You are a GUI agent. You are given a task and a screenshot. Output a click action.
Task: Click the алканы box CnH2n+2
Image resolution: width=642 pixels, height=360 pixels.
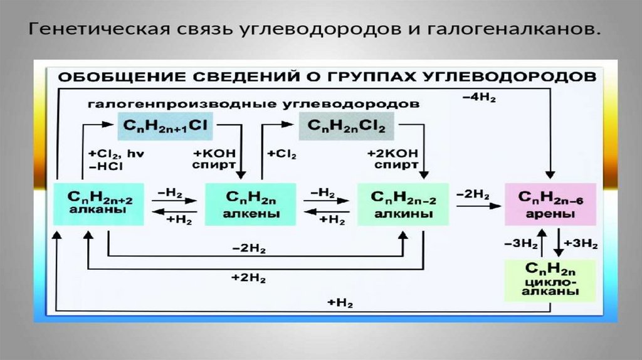[x=99, y=204]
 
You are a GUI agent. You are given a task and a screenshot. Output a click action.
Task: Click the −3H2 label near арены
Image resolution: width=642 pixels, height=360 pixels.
[x=518, y=243]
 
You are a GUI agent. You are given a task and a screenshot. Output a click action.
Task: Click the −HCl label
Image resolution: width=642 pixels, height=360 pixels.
[x=106, y=166]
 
